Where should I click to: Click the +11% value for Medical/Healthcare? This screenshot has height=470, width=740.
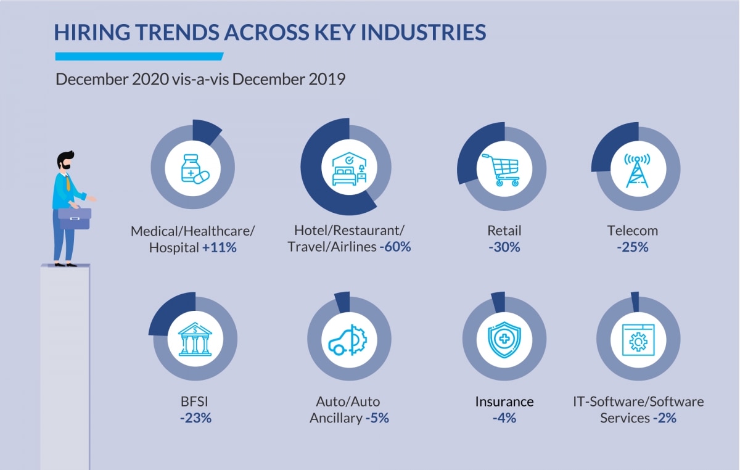[220, 247]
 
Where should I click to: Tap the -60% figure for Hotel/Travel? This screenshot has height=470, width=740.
[395, 247]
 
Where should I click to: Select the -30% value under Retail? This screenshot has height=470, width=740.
[504, 247]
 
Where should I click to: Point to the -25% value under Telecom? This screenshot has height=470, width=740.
[633, 247]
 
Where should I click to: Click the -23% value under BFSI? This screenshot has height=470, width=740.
[196, 418]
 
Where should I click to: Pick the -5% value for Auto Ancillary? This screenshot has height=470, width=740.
[377, 418]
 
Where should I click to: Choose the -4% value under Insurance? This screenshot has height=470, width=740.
[504, 418]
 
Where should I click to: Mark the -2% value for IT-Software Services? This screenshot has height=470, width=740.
[665, 418]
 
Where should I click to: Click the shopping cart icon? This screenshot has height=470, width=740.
[501, 170]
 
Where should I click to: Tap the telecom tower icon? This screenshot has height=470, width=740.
[636, 170]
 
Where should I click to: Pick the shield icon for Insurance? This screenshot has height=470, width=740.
[504, 339]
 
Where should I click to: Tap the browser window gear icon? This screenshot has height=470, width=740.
[638, 339]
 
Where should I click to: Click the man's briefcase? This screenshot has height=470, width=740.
[75, 217]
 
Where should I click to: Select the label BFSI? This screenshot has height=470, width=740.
[196, 402]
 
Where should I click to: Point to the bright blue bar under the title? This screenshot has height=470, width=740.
[139, 57]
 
